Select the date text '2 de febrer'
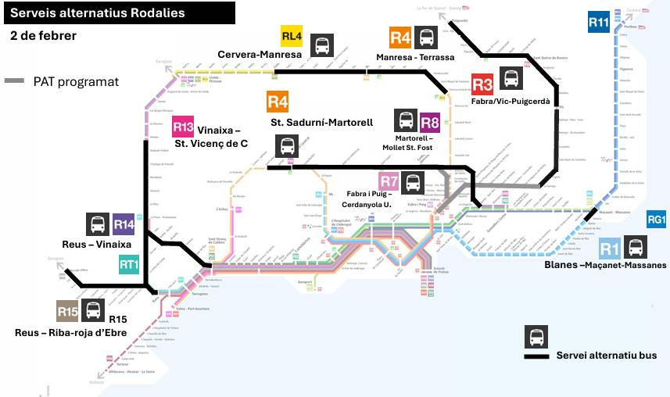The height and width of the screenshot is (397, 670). pos(44,36)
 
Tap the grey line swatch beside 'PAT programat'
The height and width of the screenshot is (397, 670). pos(15,81)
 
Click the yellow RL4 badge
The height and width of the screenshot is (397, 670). pos(292,37)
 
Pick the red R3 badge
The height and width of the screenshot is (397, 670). pos(482,84)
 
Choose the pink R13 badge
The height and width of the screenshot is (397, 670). pos(183,126)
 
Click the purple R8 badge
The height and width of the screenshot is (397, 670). pos(430,121)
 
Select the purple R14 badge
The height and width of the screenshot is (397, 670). pos(124,224)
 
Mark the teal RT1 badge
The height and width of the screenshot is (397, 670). pos(129,265)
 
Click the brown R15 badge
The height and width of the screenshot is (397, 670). pos(67,310)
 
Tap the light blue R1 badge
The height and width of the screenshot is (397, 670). pos(610,249)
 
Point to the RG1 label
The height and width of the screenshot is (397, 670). pos(657,221)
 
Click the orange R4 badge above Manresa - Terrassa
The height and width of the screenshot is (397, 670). pos(399,37)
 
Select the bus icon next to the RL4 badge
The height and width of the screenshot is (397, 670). pos(321,45)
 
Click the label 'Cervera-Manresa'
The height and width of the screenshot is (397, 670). pos(260,55)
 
